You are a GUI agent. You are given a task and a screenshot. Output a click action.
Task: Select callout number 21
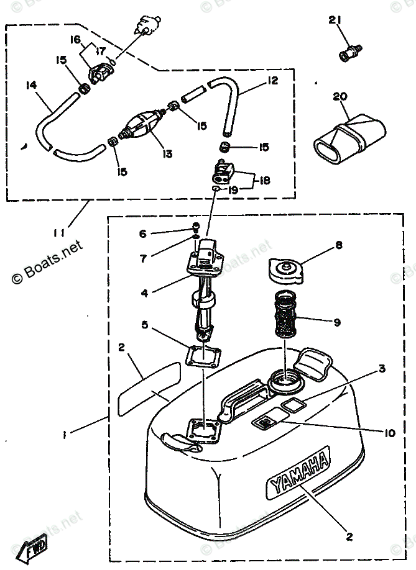click(336, 22)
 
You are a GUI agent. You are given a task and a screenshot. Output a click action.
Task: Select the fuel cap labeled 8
click(286, 271)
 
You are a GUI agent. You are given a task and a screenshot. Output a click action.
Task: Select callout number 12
click(272, 81)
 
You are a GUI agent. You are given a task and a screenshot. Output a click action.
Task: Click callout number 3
click(382, 369)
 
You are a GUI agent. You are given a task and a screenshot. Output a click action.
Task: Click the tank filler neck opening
click(285, 378)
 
